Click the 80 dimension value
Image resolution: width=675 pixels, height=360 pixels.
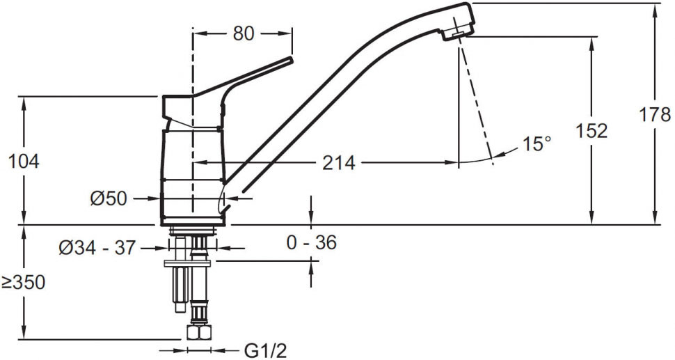click(244, 33)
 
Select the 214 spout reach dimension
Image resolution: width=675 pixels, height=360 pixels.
click(339, 163)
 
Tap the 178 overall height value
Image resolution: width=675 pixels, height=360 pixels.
click(655, 115)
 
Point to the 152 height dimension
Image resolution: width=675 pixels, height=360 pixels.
click(592, 131)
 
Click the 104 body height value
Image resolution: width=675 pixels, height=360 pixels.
click(24, 162)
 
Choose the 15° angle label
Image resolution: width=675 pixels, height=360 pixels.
click(537, 144)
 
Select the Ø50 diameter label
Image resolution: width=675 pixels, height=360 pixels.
click(109, 198)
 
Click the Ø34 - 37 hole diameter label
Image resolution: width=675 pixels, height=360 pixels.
click(97, 248)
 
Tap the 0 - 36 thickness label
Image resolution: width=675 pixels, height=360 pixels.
click(312, 243)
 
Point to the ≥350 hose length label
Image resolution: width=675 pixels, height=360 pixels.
click(24, 283)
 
